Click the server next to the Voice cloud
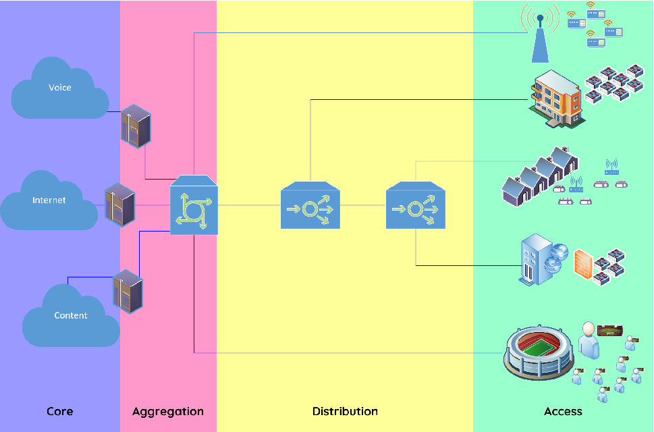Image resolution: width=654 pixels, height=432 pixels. tap(136, 126)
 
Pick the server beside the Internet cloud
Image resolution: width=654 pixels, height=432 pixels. tap(120, 205)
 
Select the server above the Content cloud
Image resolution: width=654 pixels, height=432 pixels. tap(128, 291)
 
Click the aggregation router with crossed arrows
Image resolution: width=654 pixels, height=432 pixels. tap(194, 207)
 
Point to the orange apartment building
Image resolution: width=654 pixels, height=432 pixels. tap(556, 99)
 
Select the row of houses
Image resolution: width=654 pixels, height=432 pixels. tap(540, 175)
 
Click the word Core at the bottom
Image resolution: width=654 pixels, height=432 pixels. tap(59, 411)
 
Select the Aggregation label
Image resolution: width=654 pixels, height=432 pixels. tap(167, 411)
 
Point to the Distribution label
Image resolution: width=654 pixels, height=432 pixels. tap(345, 411)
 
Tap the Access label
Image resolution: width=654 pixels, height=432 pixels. tap(563, 411)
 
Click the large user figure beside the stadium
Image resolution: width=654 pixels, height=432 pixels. tap(589, 340)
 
